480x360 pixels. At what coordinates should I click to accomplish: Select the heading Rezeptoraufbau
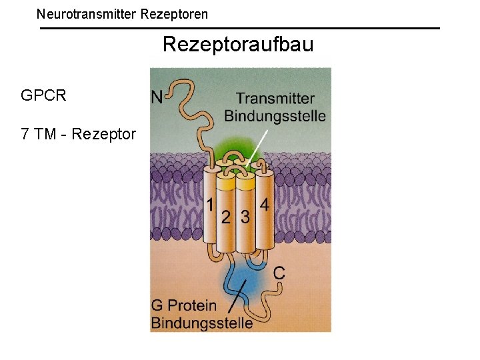coord(238,45)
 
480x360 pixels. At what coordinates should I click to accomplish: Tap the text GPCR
coord(43,95)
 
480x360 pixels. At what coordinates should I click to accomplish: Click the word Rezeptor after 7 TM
coord(103,134)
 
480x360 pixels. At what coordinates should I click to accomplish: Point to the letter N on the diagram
coord(157,97)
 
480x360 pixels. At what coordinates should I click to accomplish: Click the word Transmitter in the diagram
coord(275,99)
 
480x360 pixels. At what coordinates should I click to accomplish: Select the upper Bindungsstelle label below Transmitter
coord(275,115)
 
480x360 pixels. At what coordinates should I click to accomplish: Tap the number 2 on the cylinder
coord(227,217)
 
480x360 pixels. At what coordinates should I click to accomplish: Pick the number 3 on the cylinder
coord(245,217)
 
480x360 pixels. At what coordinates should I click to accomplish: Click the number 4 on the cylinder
coord(265,205)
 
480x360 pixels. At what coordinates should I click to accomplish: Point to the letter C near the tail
coord(280,273)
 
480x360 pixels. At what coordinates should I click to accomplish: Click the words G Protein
coord(184,305)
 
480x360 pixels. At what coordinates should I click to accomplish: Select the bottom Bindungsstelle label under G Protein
coord(202,323)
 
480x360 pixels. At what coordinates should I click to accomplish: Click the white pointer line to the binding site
coord(258,147)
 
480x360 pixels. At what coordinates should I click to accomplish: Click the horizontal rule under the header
coord(240,28)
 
